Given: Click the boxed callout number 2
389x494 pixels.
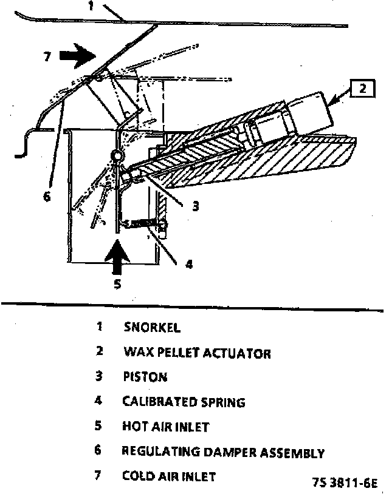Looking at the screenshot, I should coord(362,89).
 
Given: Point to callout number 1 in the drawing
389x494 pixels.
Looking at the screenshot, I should coord(91,7).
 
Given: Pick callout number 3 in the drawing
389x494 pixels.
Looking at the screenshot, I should coord(195,206).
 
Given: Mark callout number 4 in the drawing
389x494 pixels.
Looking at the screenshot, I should coord(189,264).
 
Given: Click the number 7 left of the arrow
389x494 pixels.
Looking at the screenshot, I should coord(46,58).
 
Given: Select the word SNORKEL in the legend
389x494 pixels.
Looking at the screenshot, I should coord(152,328).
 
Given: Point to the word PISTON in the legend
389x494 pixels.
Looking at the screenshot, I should coord(145,377).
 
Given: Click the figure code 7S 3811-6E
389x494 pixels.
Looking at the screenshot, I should coord(345,483).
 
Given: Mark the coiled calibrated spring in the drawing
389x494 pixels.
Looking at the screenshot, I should coord(145,225).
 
